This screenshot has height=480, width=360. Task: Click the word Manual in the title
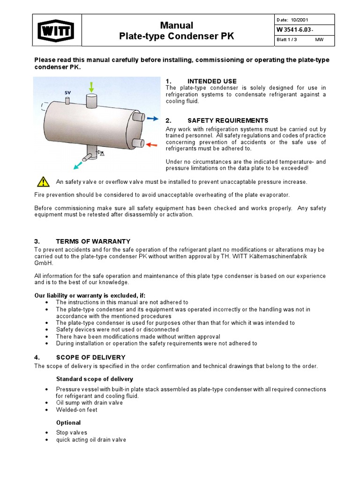click(176, 25)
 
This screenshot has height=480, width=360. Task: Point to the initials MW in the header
click(319, 40)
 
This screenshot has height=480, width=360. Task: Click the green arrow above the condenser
click(91, 87)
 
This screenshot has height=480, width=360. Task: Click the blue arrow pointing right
click(153, 119)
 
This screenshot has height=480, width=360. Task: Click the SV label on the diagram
click(67, 92)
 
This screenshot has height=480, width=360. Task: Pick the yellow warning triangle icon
click(43, 181)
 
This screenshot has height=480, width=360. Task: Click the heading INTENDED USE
click(212, 81)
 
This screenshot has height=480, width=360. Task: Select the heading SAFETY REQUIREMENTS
click(228, 120)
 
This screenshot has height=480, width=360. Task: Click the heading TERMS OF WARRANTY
click(93, 241)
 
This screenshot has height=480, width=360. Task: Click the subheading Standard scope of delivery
click(94, 379)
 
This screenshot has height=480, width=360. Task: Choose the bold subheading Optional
click(68, 422)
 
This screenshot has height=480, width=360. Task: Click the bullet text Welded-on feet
click(77, 410)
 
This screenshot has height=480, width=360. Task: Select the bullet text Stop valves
click(72, 432)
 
